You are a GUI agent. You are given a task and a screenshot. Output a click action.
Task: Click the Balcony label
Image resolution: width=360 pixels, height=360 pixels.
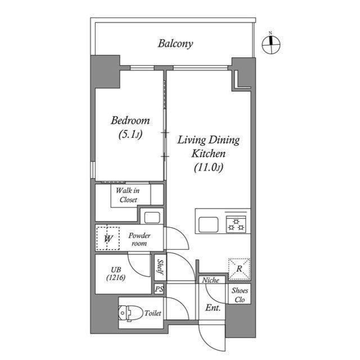coord(175,44)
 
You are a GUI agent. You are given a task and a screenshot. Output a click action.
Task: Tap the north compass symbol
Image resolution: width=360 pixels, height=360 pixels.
coord(271,44)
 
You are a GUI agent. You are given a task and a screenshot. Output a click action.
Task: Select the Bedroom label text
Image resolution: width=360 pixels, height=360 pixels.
coord(130,120)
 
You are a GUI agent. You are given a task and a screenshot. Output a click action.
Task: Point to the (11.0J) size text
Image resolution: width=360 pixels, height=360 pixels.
coord(209,168)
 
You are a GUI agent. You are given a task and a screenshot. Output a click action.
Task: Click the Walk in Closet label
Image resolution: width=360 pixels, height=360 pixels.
coord(128,195)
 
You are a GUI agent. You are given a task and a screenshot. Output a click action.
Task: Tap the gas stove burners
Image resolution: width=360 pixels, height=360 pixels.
coord(236,224)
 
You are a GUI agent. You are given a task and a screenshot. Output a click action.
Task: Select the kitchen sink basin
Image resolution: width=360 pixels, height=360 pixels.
coord(208,224)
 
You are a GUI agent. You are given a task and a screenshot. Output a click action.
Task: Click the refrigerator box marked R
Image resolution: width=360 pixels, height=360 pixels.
coord(239,269)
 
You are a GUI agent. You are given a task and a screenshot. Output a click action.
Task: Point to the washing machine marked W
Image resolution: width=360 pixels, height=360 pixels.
coord(108,238)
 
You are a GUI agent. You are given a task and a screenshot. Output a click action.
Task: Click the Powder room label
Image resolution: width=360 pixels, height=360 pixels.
coord(139,239)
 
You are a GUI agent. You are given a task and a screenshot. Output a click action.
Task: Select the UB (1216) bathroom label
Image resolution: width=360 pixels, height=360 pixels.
coord(116,273)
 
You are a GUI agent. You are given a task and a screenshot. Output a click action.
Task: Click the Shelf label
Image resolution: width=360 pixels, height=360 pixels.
coord(160,267)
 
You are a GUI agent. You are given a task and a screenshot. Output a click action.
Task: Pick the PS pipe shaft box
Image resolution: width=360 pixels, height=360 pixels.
coord(159,289)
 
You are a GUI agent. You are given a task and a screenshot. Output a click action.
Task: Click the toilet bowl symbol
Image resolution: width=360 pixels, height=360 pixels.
coord(130,313)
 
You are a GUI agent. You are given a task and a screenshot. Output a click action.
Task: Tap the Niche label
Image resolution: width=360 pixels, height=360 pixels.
coord(210,280)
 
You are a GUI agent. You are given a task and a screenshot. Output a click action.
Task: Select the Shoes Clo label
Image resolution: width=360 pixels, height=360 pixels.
coord(240,295)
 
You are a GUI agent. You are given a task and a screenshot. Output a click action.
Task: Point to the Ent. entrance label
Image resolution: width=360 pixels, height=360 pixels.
coord(213,308)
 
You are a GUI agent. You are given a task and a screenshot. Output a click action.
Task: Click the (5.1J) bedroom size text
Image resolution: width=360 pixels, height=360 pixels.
coord(130,134)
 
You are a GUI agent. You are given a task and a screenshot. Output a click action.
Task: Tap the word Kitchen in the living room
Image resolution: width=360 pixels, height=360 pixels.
coord(209,154)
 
